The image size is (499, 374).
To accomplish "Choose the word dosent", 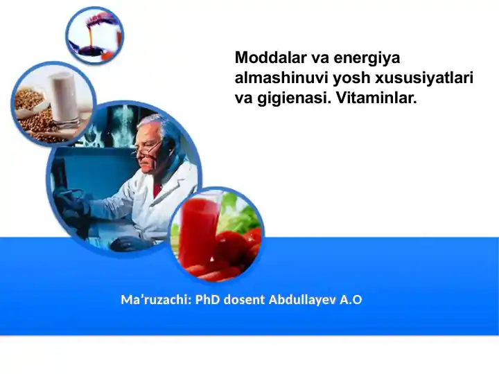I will click(243, 300).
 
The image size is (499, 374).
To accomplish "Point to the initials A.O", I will click(351, 300).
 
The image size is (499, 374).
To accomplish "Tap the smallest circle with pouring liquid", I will click(95, 35).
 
